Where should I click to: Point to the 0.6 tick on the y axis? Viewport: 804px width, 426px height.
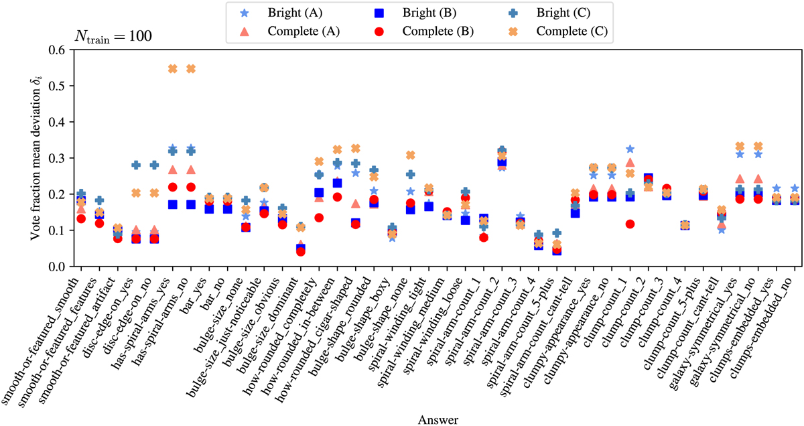(57, 50)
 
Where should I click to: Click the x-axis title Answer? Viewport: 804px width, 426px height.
(438, 419)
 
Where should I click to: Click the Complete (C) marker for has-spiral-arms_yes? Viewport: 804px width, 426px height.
(172, 68)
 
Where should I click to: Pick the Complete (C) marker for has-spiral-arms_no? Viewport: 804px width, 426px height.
(190, 68)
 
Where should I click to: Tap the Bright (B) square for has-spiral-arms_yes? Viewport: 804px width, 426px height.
(172, 205)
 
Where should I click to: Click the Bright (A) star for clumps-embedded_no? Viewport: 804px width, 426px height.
(795, 189)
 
